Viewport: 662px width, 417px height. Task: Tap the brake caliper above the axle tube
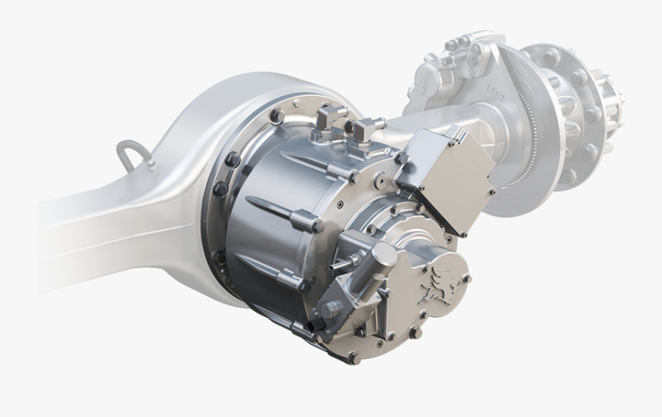tap(449, 74)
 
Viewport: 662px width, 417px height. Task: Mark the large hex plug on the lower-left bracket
tap(330, 310)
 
